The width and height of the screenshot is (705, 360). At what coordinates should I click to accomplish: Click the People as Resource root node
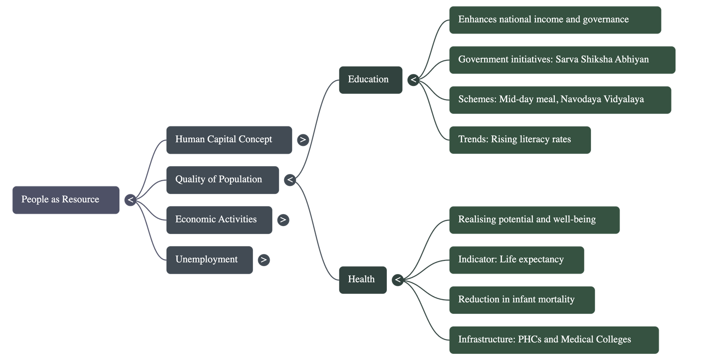tap(66, 200)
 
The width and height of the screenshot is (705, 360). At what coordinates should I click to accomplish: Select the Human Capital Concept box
tap(229, 140)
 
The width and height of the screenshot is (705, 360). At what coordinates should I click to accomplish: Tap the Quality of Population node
tap(223, 180)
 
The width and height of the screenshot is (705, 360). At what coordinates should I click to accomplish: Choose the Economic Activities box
tap(219, 219)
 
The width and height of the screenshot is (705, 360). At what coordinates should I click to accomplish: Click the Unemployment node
tap(209, 260)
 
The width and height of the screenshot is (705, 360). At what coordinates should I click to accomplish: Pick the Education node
tap(370, 80)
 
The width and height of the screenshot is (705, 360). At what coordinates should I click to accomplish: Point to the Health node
tap(362, 279)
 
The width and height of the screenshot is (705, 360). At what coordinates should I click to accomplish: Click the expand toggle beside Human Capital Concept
tap(303, 140)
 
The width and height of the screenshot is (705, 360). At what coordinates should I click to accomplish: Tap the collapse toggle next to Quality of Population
tap(289, 180)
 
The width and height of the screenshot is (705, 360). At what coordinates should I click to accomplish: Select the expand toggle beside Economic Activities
tap(283, 220)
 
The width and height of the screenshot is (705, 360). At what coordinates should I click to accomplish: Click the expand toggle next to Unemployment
tap(263, 260)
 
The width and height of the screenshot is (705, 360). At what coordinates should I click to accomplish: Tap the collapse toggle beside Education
tap(413, 80)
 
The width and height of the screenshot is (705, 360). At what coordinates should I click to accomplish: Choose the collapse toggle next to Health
tap(397, 280)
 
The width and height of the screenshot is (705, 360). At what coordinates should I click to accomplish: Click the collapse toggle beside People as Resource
tap(130, 200)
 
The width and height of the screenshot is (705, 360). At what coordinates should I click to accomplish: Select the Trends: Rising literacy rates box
tap(520, 140)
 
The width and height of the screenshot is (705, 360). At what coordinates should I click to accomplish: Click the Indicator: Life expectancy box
tap(516, 260)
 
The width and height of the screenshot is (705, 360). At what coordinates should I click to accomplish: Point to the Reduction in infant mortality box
tap(522, 300)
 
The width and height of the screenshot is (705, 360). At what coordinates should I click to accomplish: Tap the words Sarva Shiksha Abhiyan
tap(602, 59)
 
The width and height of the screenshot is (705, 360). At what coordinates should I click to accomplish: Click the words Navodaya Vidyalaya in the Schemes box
tap(602, 100)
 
